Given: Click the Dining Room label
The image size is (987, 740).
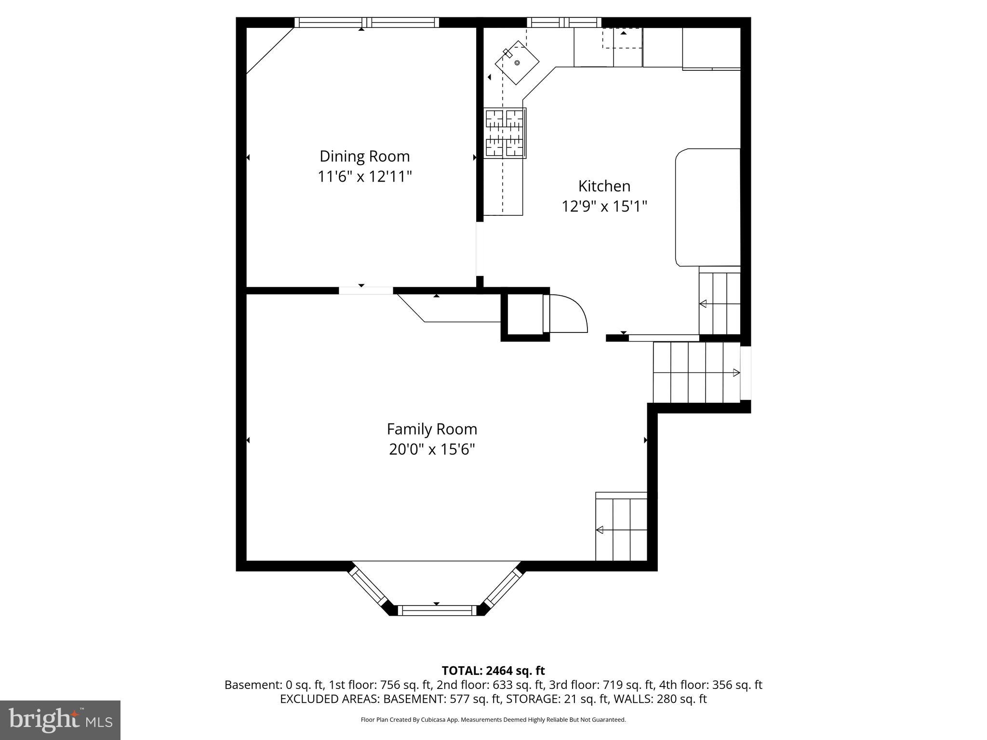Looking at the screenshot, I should (364, 156).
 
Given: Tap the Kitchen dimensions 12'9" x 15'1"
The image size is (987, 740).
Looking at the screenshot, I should (604, 207).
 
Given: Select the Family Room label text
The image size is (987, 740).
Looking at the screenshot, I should (432, 429).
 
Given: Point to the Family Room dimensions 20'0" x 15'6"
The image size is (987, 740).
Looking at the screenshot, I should (432, 449).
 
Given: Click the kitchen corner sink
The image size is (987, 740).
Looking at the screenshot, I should (517, 63).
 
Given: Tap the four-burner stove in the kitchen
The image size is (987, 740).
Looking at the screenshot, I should (505, 133).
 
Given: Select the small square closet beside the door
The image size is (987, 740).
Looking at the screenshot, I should (525, 314).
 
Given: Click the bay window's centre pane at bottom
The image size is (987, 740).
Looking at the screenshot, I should (437, 610).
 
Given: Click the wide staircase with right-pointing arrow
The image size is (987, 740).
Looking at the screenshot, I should (696, 372).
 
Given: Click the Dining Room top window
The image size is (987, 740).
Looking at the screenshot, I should (367, 22).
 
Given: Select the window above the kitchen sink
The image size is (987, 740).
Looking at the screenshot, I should (564, 22).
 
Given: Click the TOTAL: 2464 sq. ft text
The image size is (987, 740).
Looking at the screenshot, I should (493, 671).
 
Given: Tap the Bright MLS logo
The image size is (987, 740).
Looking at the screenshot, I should (60, 720).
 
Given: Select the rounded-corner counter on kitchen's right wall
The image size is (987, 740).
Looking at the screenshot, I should (707, 207).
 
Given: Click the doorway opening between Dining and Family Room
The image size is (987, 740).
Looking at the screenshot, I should (366, 291).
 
